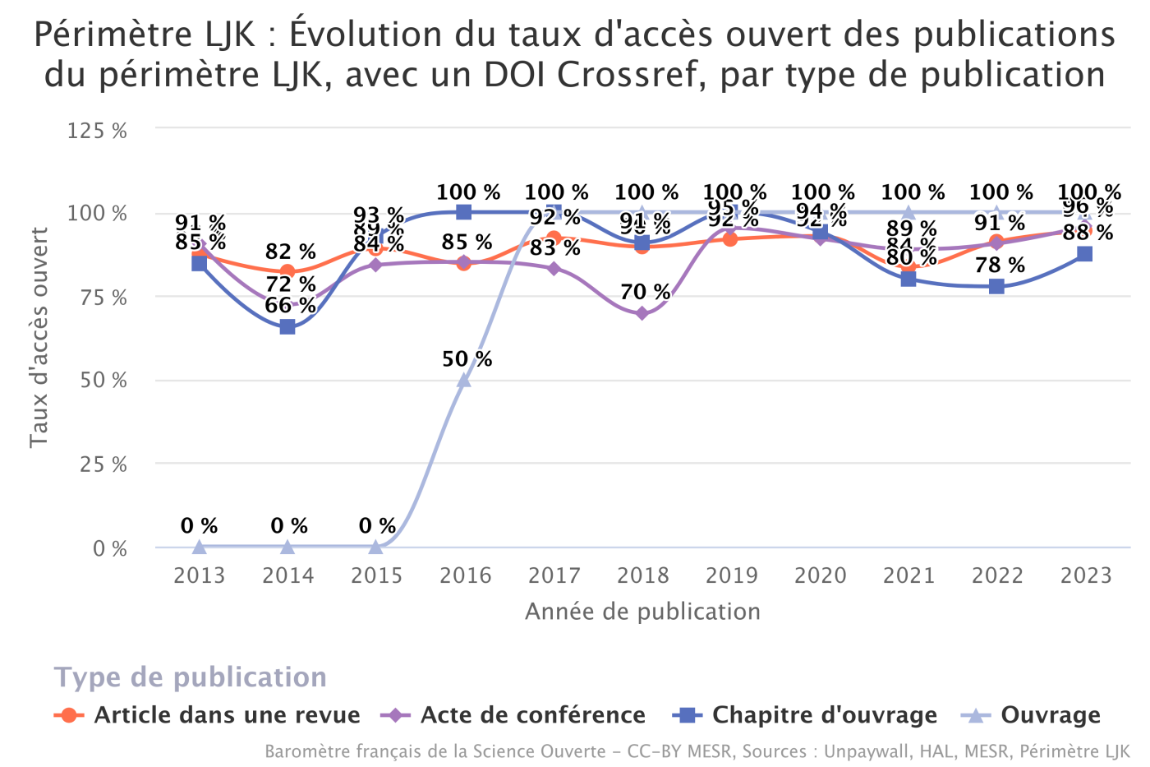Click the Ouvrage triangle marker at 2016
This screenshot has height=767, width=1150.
click(464, 380)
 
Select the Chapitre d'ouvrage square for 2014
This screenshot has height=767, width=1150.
click(287, 326)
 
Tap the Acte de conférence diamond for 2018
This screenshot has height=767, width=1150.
click(642, 313)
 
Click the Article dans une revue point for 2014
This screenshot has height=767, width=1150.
click(287, 271)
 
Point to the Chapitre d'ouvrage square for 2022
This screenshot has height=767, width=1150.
click(996, 286)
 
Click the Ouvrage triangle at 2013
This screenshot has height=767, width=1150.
click(199, 547)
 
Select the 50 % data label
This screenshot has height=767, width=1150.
click(467, 359)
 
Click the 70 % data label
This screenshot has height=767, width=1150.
click(645, 292)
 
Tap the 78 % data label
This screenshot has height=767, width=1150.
click(1000, 265)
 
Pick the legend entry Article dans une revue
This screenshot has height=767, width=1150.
click(227, 715)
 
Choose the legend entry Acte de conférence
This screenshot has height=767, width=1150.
click(532, 715)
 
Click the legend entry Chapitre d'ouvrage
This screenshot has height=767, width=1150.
click(824, 715)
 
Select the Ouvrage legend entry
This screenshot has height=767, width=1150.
click(1050, 715)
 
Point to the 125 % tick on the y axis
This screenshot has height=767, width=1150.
click(97, 130)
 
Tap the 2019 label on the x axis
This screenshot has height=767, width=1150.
click(731, 575)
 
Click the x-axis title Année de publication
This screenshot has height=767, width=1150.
click(642, 612)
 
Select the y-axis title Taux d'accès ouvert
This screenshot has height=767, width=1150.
click(39, 338)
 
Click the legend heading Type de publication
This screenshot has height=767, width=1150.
click(191, 677)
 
